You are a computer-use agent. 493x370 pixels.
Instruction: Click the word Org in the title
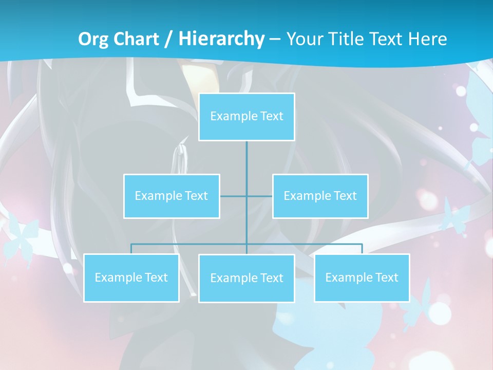(x=93, y=39)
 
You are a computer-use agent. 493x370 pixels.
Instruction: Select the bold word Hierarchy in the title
(x=221, y=39)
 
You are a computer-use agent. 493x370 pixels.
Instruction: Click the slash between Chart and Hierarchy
(x=168, y=40)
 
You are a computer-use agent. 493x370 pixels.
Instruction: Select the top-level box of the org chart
(x=246, y=117)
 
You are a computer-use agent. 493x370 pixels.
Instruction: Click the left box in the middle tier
(x=172, y=196)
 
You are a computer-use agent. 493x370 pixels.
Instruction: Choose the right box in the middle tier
(x=320, y=196)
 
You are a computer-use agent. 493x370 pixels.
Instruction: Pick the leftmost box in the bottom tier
(x=131, y=277)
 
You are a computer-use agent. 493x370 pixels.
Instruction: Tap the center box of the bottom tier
(x=246, y=278)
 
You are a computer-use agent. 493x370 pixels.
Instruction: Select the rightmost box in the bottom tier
(x=362, y=277)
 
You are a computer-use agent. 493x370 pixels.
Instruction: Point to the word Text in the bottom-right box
(x=386, y=277)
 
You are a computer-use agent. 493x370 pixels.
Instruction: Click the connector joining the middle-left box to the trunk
(x=233, y=196)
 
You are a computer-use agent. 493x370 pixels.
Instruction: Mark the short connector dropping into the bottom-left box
(x=131, y=249)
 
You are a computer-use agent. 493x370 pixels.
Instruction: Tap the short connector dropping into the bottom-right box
(x=362, y=249)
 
